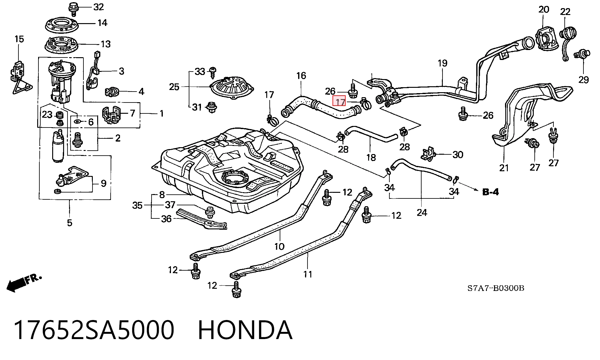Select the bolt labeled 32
click(74, 8)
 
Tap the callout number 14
click(102, 23)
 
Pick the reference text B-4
click(491, 192)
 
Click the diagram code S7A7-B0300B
click(496, 288)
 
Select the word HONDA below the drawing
click(245, 330)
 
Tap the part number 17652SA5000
click(94, 330)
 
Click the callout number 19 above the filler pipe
click(442, 63)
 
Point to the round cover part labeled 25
click(232, 87)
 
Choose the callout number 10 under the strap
click(279, 247)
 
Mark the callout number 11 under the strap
click(308, 274)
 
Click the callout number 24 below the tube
click(422, 212)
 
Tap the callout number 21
click(504, 168)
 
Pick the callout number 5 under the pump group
click(69, 223)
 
